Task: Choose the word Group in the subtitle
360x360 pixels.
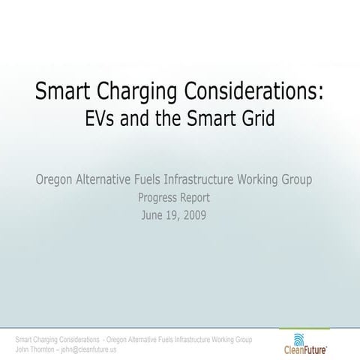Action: [295, 181]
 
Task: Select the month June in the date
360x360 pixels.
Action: [154, 215]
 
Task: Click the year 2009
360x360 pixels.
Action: [192, 215]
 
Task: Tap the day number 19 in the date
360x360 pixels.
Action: [171, 215]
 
